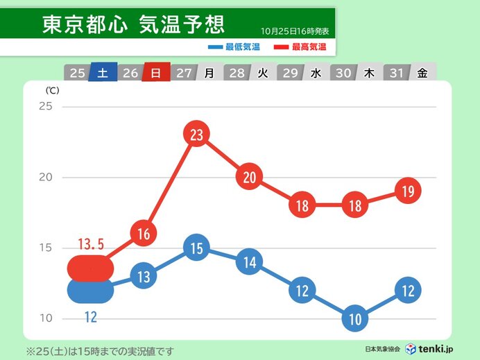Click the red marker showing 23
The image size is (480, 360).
coord(196,135)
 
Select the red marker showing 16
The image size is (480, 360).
coord(144,234)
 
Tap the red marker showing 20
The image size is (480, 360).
coord(250,177)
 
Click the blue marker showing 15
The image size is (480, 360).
coord(196,249)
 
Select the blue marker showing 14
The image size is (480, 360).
coord(250,262)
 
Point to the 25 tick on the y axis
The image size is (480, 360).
coord(46,106)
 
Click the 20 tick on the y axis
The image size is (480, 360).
coord(46,177)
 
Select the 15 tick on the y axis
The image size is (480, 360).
coord(46,248)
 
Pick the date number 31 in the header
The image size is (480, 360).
coord(395,73)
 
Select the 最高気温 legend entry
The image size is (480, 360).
coord(303,47)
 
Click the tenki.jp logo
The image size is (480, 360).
coord(430,348)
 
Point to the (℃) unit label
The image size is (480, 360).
coord(53,91)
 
